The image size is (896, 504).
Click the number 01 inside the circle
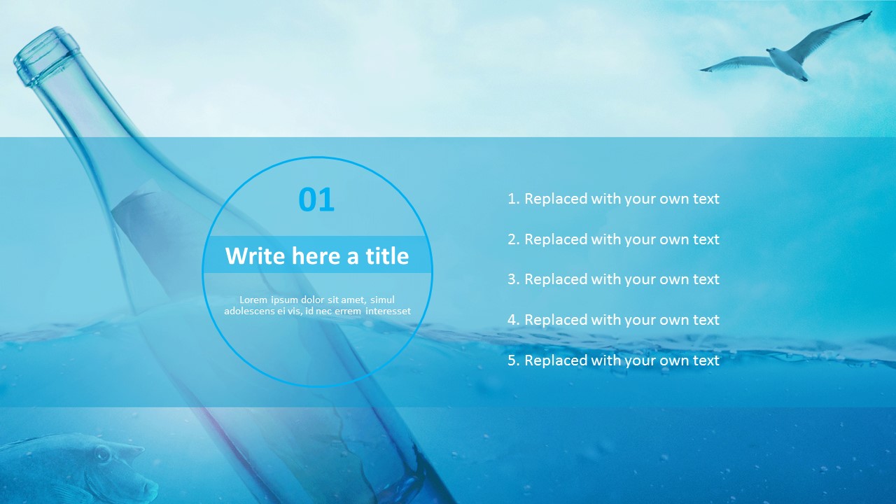(316, 199)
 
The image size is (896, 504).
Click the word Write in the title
(255, 256)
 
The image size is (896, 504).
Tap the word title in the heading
(387, 256)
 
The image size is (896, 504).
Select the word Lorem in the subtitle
(253, 300)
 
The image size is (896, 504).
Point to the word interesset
(388, 311)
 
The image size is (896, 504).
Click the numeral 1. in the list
(514, 199)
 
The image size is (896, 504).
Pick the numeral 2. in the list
(514, 239)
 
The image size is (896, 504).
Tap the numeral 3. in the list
(514, 279)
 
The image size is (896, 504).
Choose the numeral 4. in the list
(514, 320)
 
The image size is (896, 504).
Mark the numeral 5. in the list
(514, 360)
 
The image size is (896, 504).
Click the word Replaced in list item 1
(556, 199)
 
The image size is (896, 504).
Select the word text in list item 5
(706, 360)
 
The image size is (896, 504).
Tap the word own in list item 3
(674, 280)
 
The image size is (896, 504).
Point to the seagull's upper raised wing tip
(869, 13)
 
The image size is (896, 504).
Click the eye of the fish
(102, 454)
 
